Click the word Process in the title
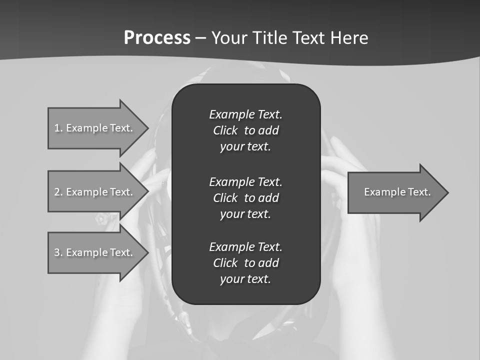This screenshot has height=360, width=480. pyautogui.click(x=157, y=38)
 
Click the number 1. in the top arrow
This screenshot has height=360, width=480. pyautogui.click(x=58, y=128)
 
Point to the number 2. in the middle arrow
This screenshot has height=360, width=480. pyautogui.click(x=58, y=192)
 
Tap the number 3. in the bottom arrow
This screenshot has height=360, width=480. pyautogui.click(x=58, y=252)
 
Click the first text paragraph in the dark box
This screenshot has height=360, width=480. pyautogui.click(x=245, y=130)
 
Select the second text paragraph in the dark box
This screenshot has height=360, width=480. pyautogui.click(x=245, y=197)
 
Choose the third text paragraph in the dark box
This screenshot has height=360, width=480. pyautogui.click(x=245, y=263)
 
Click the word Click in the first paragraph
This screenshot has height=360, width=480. pyautogui.click(x=225, y=130)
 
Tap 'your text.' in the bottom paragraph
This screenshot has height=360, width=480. pyautogui.click(x=245, y=279)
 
